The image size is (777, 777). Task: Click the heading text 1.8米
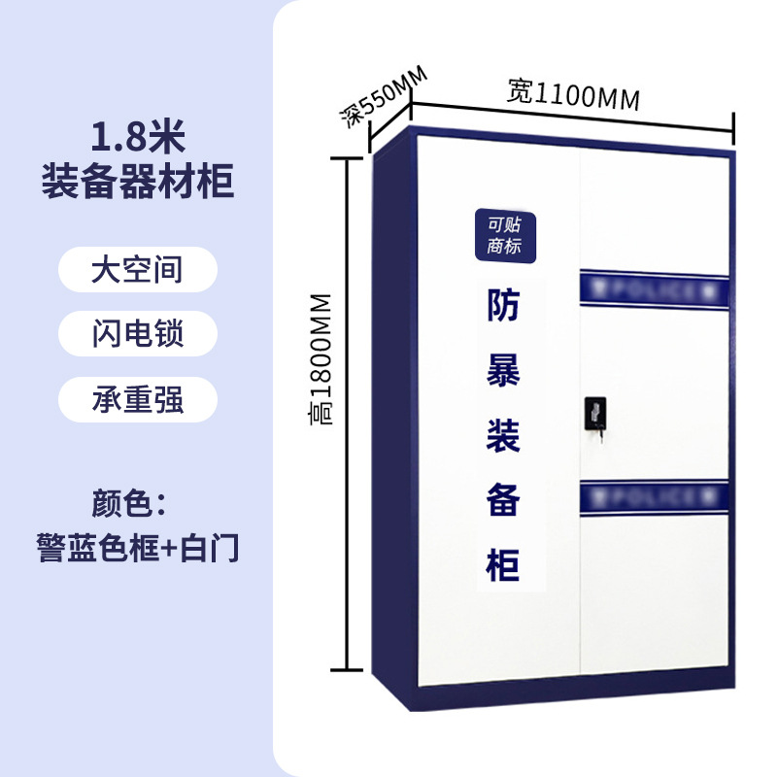[137, 139]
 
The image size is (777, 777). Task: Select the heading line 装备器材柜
[137, 181]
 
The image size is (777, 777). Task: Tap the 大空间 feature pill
[137, 269]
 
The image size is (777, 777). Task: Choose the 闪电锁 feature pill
[137, 334]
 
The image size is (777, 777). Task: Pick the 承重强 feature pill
[137, 399]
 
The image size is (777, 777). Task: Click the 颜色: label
[130, 505]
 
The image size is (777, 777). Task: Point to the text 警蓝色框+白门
[137, 548]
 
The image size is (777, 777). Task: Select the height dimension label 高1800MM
[321, 358]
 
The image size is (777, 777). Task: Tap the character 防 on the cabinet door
[503, 307]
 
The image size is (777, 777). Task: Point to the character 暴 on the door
[503, 371]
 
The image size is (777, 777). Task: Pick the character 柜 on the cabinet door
[503, 562]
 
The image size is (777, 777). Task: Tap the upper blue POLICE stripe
[653, 289]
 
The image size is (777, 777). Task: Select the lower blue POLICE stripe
[653, 498]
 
